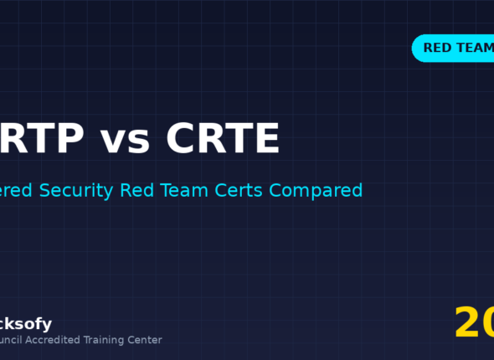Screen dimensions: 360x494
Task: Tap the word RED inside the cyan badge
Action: click(x=438, y=48)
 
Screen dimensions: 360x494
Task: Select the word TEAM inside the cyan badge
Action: click(x=476, y=48)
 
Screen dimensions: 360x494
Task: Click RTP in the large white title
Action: click(x=42, y=139)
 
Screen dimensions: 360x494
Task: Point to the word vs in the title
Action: click(x=126, y=141)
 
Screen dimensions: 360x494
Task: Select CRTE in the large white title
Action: click(x=222, y=139)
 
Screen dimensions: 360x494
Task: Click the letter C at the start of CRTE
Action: click(x=182, y=139)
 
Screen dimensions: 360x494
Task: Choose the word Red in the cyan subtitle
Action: click(x=135, y=190)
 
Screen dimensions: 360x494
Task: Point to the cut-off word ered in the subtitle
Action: click(x=18, y=190)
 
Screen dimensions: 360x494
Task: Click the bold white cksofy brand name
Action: click(x=26, y=324)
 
